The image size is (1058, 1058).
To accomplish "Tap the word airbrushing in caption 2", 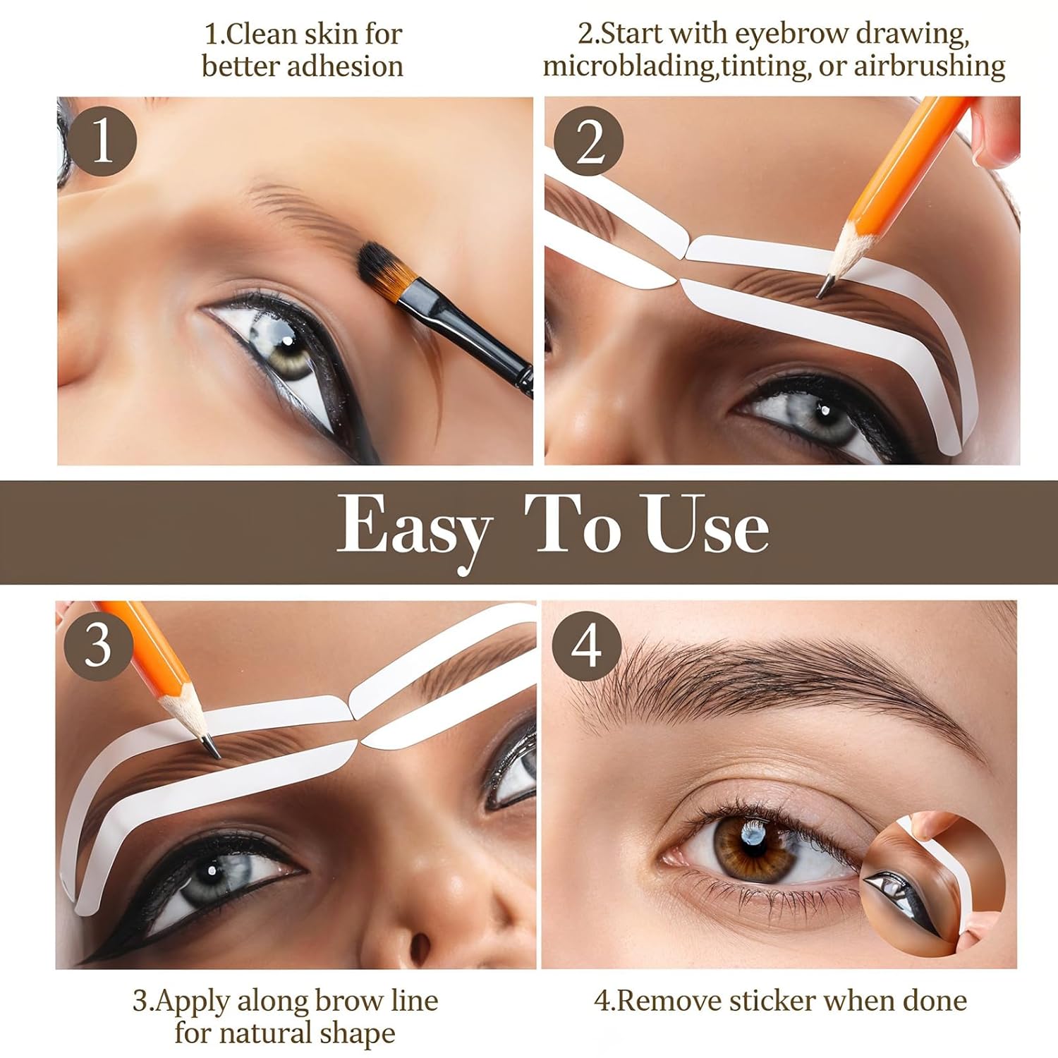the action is tap(930, 66).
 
